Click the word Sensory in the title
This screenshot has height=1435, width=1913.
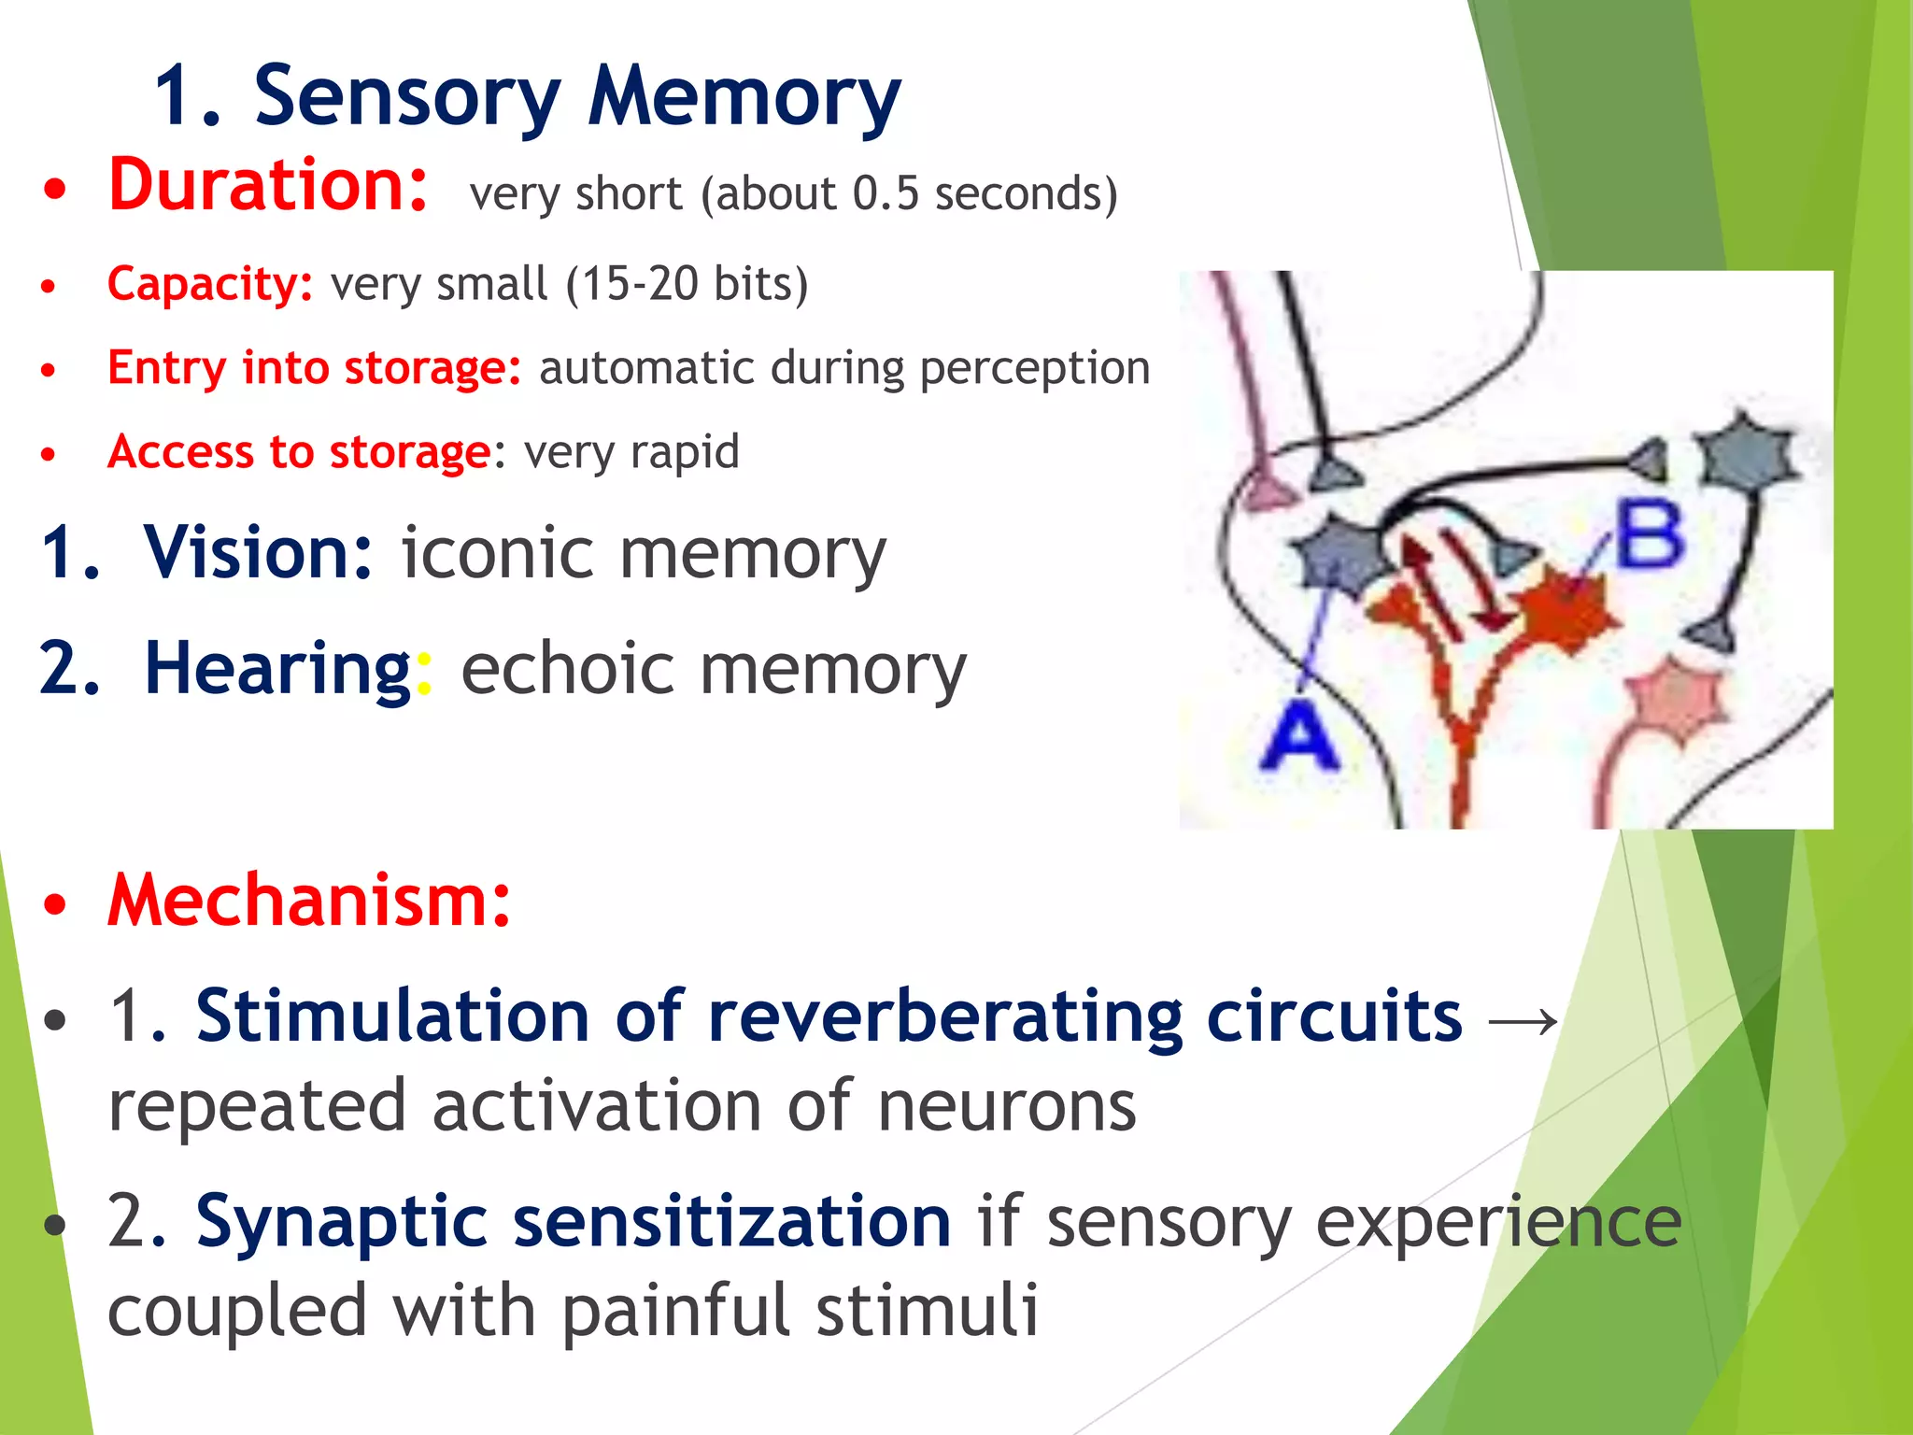tap(407, 97)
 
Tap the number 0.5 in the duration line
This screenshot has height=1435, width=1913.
tap(886, 193)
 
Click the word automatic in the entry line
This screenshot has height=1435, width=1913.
tap(646, 367)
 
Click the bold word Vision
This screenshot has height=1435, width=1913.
tap(258, 552)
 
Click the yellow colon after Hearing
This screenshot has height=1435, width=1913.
tap(424, 673)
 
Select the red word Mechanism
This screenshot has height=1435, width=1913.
tap(308, 901)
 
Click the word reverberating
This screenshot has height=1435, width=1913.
tap(944, 1016)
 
